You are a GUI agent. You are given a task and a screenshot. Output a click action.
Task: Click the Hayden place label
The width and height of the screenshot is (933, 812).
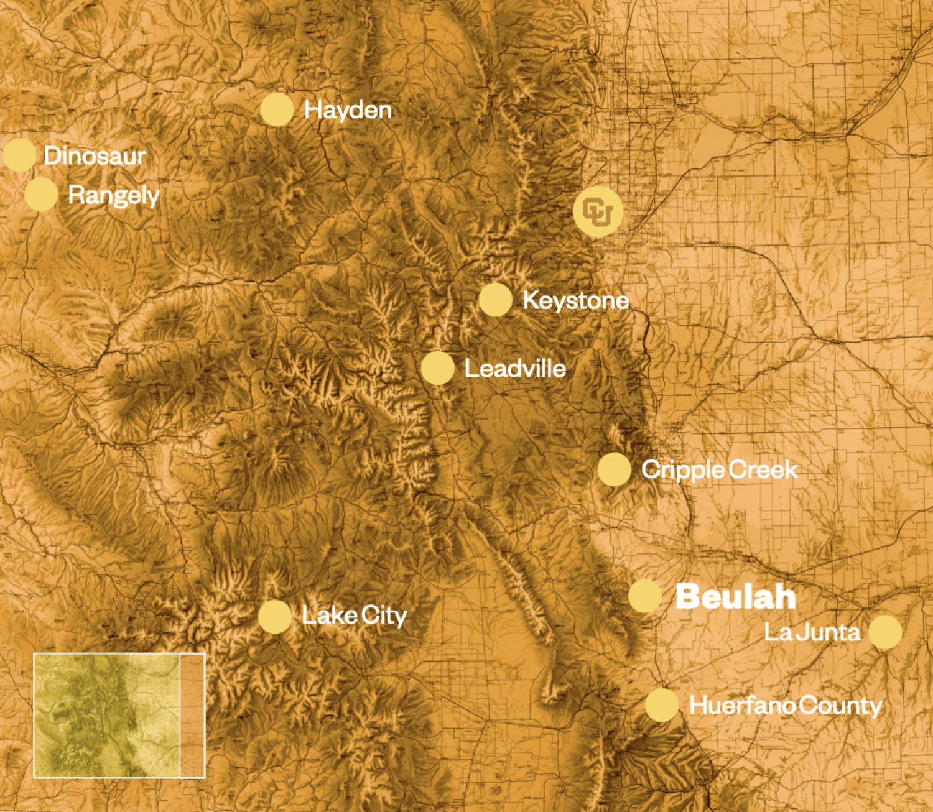click(x=348, y=110)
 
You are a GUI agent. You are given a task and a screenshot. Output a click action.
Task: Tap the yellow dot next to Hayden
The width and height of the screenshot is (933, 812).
click(x=277, y=110)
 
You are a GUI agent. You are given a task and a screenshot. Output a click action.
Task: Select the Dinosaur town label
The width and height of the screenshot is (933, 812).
click(x=95, y=155)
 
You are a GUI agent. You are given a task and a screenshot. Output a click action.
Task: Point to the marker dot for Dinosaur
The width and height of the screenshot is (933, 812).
click(x=19, y=155)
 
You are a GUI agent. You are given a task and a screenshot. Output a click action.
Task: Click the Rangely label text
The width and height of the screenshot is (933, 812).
click(x=114, y=195)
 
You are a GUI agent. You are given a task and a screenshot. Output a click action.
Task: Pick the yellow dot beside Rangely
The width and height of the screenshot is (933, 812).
click(x=41, y=194)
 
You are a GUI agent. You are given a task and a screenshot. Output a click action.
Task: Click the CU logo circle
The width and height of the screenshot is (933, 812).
click(x=598, y=211)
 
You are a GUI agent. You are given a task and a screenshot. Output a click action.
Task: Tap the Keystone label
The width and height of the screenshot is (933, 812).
click(x=575, y=300)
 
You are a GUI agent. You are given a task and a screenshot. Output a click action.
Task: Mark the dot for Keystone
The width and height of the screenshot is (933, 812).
click(x=495, y=299)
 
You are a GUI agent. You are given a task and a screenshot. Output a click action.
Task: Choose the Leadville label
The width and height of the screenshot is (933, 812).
click(x=515, y=369)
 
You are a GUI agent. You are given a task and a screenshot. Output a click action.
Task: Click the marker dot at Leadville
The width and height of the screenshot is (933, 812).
click(x=437, y=367)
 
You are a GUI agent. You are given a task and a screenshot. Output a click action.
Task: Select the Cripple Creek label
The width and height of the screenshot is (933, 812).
click(x=719, y=469)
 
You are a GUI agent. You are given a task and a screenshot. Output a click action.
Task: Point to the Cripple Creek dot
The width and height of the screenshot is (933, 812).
click(x=615, y=469)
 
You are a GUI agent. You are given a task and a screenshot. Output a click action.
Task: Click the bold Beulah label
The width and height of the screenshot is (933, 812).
click(x=735, y=597)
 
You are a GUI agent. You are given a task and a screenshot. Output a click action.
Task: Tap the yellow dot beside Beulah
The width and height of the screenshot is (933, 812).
click(x=644, y=596)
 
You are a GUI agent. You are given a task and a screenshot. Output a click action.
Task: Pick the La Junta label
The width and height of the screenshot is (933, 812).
click(x=812, y=632)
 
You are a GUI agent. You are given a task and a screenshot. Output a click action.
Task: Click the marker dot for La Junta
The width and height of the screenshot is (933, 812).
click(x=884, y=632)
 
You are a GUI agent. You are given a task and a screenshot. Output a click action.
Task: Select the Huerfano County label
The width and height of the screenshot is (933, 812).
click(x=785, y=706)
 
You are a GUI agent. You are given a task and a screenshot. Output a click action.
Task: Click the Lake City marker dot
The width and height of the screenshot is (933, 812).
click(x=274, y=616)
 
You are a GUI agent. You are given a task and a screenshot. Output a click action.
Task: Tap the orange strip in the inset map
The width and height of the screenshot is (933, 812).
click(x=192, y=715)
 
